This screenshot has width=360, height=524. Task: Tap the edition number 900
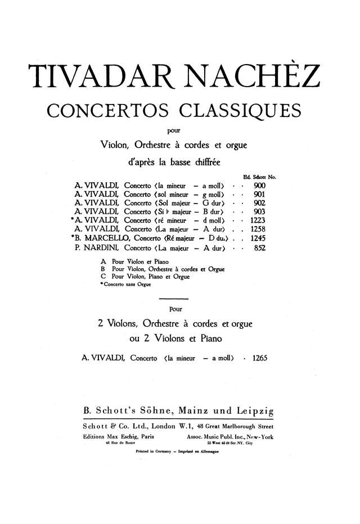coord(259,185)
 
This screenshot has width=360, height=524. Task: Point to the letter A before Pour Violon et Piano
coord(103,262)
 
